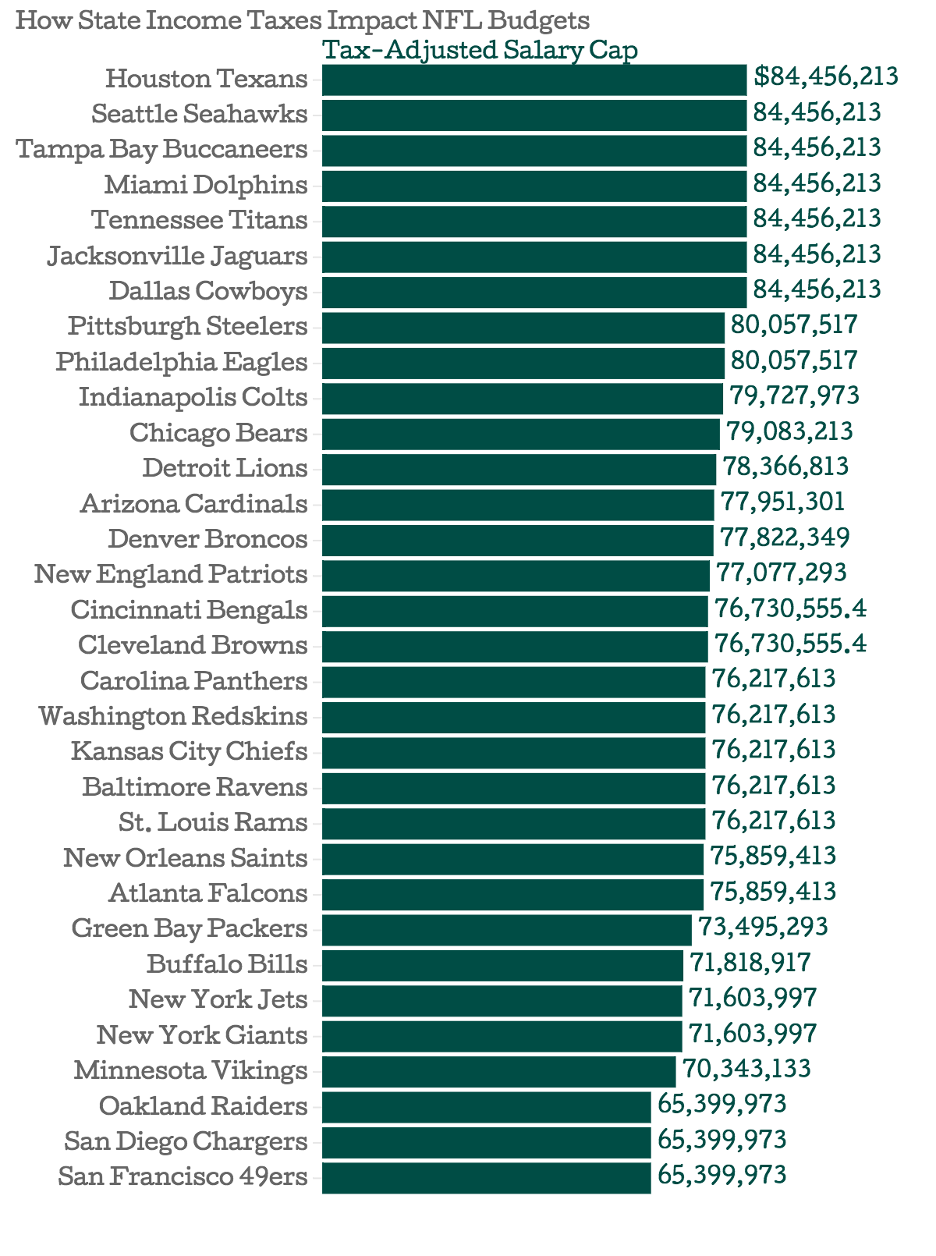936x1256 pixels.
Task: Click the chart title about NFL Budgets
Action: [x=302, y=20]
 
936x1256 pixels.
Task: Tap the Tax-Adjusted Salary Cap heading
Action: [x=480, y=51]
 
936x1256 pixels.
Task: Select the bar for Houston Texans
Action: [x=534, y=80]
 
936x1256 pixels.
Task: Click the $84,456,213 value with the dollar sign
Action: [x=826, y=76]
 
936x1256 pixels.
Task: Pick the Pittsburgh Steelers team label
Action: [x=188, y=326]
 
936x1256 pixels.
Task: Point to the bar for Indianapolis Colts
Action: [x=523, y=398]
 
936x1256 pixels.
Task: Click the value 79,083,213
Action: [x=789, y=431]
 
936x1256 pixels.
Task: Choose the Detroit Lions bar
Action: [x=519, y=469]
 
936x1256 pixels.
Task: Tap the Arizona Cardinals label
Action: [x=194, y=504]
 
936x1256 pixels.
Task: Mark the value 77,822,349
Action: [x=785, y=538]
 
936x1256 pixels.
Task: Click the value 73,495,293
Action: [x=763, y=928]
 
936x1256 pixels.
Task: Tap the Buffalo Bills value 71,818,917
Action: [x=750, y=963]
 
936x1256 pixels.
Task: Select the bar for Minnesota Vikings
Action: [x=499, y=1071]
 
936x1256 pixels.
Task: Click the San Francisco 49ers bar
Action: [x=487, y=1177]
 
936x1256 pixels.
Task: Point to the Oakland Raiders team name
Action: [x=203, y=1106]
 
